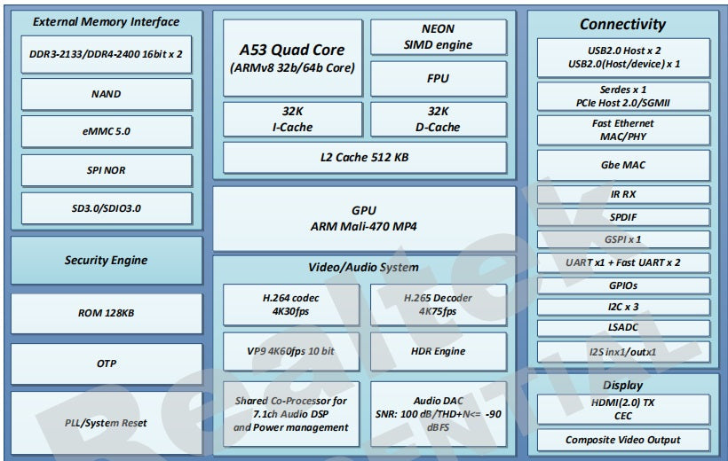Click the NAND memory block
click(107, 93)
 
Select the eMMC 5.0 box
click(107, 131)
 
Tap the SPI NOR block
click(107, 170)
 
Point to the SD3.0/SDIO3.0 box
click(107, 208)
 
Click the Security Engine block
click(107, 261)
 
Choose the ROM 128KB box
click(107, 313)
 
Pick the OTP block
click(107, 363)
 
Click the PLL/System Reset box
click(107, 422)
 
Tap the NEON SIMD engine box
click(438, 37)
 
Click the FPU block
click(438, 79)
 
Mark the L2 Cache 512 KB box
click(365, 157)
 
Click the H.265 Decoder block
click(438, 304)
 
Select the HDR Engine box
click(438, 351)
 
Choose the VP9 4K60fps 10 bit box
click(291, 351)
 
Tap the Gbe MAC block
click(622, 165)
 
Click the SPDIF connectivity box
click(622, 217)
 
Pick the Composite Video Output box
click(622, 440)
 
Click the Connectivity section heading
click(622, 24)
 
